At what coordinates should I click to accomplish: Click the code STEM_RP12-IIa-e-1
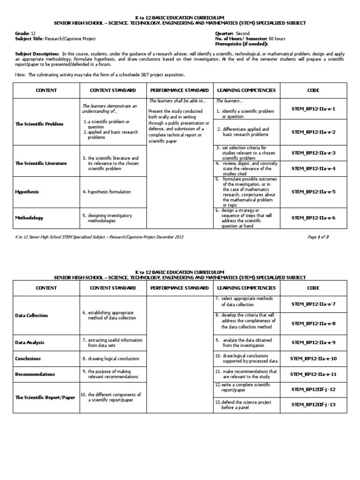coord(314,109)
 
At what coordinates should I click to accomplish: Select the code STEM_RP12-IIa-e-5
coord(314,192)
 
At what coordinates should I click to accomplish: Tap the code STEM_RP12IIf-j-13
coord(314,404)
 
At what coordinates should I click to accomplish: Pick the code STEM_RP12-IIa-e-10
coord(314,359)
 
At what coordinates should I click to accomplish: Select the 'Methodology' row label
coord(30,217)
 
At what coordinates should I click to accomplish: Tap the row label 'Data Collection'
coord(32,315)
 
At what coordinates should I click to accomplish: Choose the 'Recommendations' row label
coord(35,374)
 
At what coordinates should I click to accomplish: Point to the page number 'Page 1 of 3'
coord(318,237)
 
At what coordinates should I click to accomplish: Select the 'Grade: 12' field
coord(26,34)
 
